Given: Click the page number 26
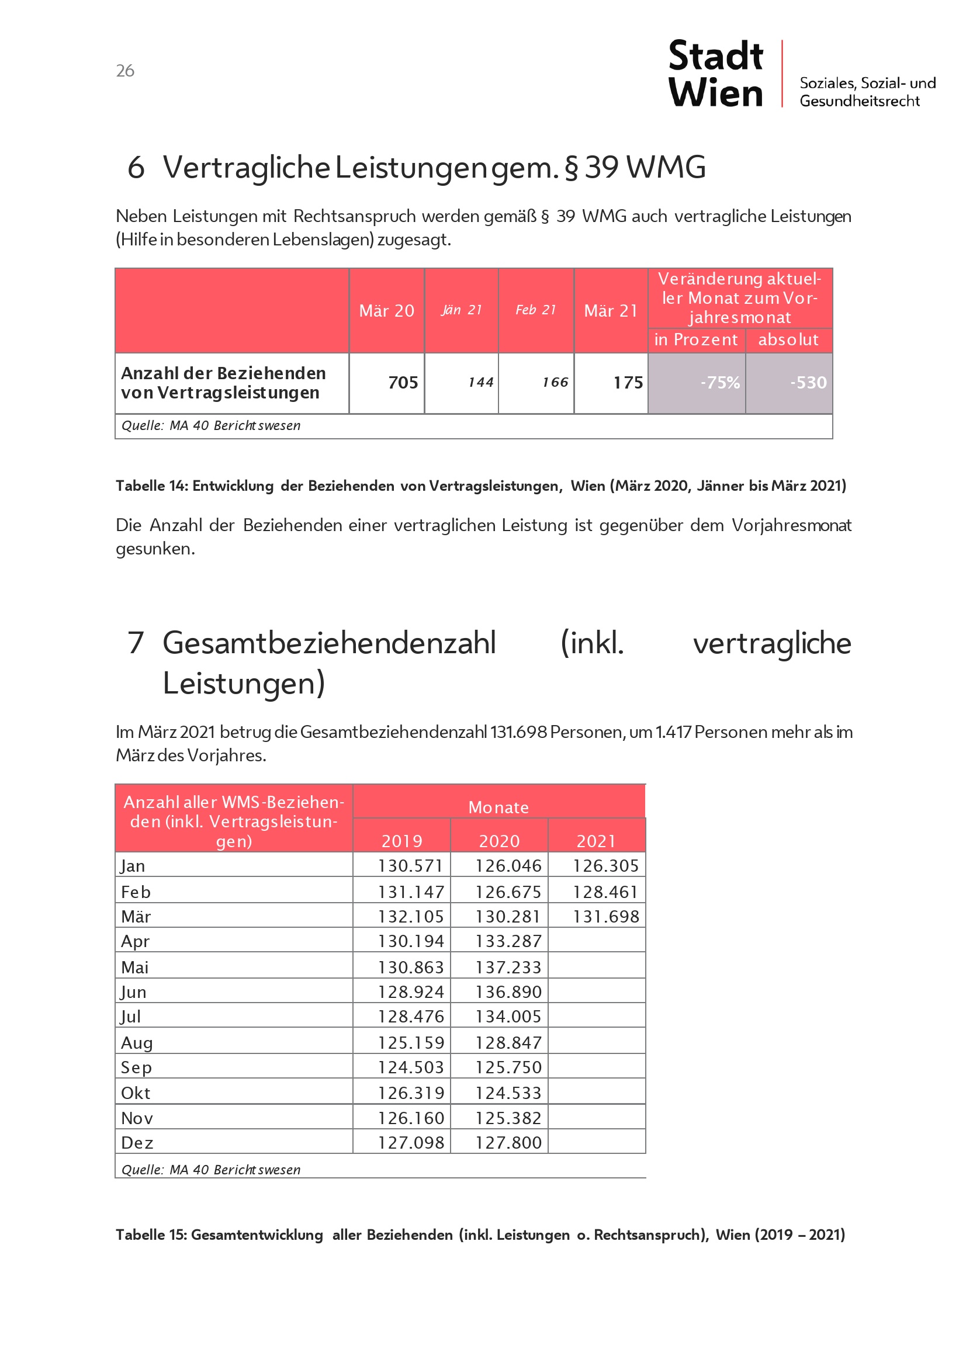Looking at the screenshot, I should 125,71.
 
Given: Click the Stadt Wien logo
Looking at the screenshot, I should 715,74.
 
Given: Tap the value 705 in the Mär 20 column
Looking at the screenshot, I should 403,383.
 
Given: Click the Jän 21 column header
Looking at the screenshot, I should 461,310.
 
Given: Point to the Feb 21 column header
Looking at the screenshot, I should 536,310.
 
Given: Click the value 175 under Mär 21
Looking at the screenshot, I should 628,383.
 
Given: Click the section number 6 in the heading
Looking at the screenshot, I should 136,167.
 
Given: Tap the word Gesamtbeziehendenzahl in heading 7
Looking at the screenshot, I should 329,643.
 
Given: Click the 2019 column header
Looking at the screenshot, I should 401,841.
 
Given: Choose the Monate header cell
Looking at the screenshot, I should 498,807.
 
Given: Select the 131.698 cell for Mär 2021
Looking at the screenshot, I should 605,916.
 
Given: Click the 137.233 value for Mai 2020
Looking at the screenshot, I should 508,967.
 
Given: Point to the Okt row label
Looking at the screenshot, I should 136,1093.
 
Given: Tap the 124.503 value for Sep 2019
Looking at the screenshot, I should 411,1067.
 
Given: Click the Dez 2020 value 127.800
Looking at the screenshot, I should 508,1143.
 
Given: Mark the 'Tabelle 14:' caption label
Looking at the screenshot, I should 152,486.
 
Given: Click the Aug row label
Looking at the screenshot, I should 137,1042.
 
